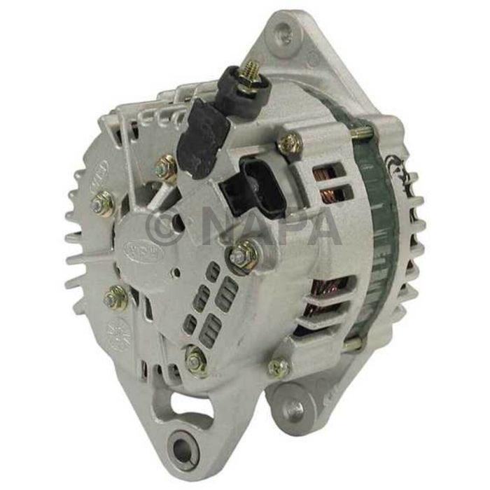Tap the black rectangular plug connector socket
[x=251, y=183]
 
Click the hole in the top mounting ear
[x=283, y=31]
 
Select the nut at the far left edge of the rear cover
[x=103, y=203]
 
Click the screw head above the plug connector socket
[x=289, y=144]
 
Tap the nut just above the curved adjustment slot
[x=196, y=360]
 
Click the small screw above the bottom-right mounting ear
[x=277, y=367]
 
